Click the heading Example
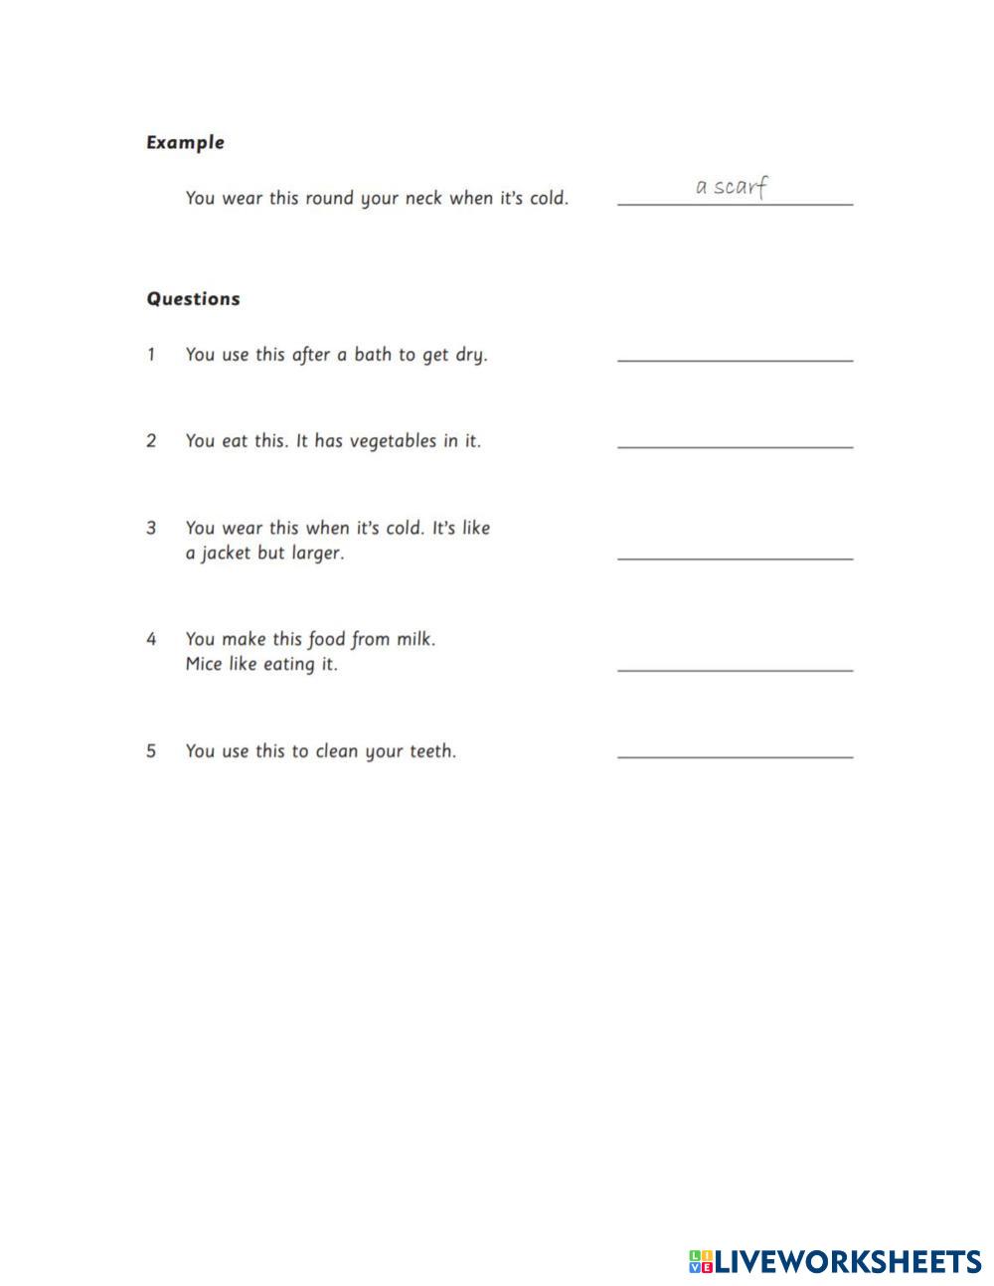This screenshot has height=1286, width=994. (x=185, y=142)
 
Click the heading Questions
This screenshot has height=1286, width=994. (x=193, y=299)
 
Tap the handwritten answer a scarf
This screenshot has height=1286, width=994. (x=733, y=187)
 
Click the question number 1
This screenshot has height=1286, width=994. (x=151, y=355)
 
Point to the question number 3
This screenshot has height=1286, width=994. (x=151, y=528)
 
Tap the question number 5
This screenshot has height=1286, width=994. (x=151, y=751)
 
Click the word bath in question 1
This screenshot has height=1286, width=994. (x=372, y=355)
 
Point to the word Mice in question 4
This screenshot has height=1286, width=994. (x=204, y=664)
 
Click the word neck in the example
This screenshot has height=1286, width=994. (x=423, y=198)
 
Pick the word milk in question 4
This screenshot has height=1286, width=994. (x=414, y=639)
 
